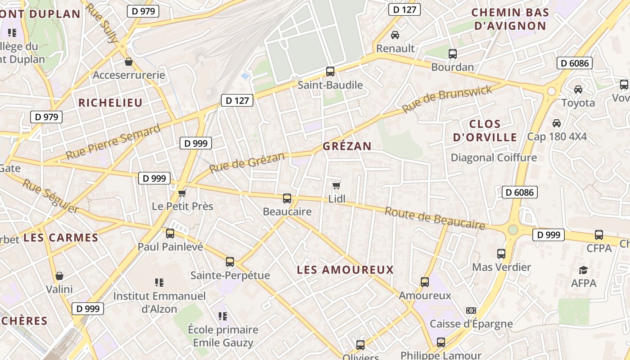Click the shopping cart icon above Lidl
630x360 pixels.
(336, 185)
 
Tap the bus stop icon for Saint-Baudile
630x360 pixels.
(330, 71)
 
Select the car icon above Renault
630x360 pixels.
(395, 35)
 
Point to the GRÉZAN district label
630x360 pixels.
(347, 146)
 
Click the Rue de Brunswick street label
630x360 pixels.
(447, 99)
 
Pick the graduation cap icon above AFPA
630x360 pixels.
(584, 270)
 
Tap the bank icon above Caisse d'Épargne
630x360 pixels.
(471, 310)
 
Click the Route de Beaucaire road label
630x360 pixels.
(435, 219)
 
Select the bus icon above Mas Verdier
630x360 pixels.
(501, 254)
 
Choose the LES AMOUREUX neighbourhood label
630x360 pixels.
(345, 270)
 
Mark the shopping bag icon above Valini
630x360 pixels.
(59, 276)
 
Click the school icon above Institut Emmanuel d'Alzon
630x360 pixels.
(159, 283)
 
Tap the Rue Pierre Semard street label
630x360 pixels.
(113, 142)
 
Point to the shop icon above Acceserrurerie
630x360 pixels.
(129, 62)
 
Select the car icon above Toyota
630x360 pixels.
(578, 90)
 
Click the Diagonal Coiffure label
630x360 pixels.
(494, 158)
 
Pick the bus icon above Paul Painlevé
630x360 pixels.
(170, 234)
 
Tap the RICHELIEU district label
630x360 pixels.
(110, 103)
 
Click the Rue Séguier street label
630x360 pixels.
(50, 196)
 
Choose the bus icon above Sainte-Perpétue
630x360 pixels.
(230, 262)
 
